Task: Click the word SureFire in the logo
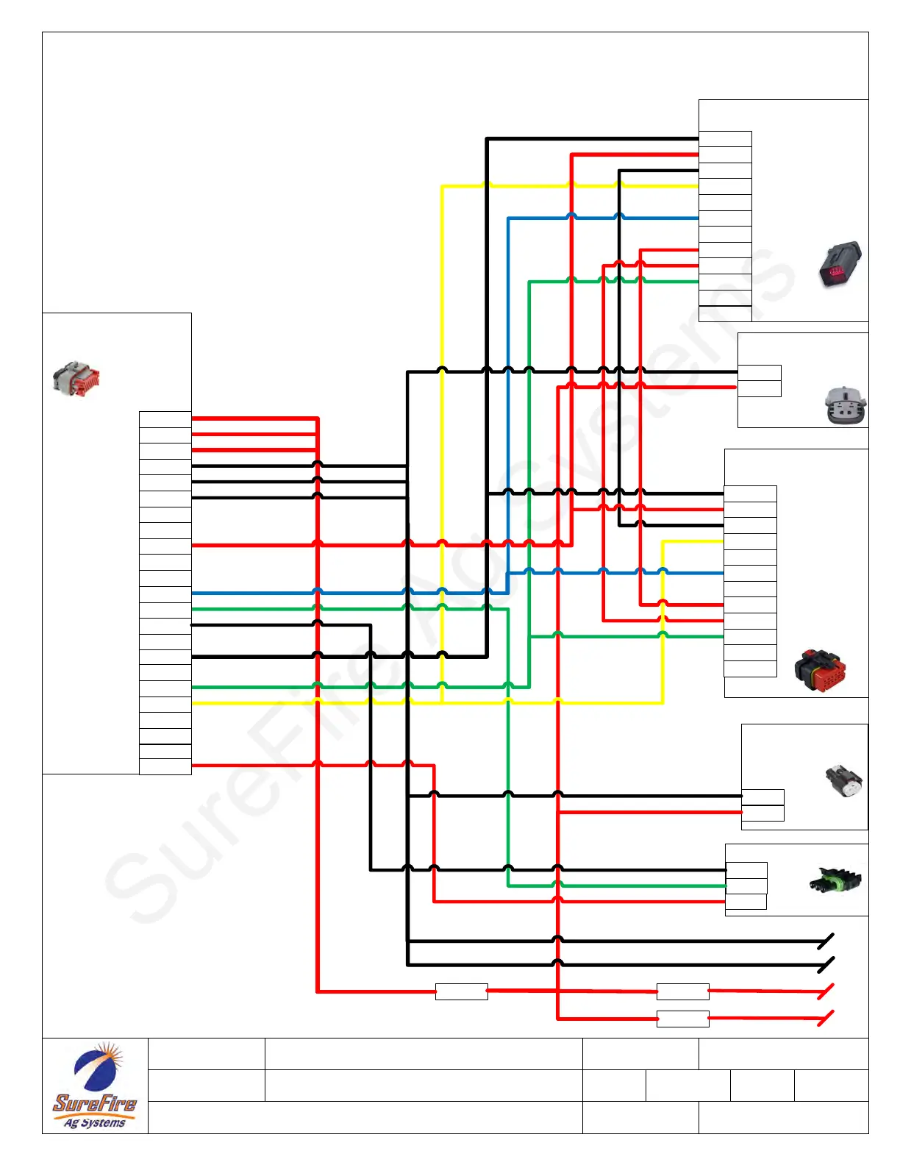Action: (94, 1103)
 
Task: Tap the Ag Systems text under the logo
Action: (94, 1123)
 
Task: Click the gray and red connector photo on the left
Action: (76, 379)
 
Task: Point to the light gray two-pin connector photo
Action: (845, 405)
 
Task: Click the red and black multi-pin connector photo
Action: (820, 670)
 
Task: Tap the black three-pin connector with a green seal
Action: (835, 880)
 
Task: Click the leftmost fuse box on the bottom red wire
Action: (461, 991)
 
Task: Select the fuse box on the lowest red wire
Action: (682, 1019)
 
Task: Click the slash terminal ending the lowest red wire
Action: (826, 1019)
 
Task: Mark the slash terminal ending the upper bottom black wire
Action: (826, 941)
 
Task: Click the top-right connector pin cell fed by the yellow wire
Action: (725, 187)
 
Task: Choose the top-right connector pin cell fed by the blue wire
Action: (725, 218)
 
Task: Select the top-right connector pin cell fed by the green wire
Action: (725, 282)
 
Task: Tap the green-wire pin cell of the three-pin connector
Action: (746, 886)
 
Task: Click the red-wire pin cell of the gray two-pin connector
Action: (759, 388)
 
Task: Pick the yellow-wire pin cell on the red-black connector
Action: (750, 542)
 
